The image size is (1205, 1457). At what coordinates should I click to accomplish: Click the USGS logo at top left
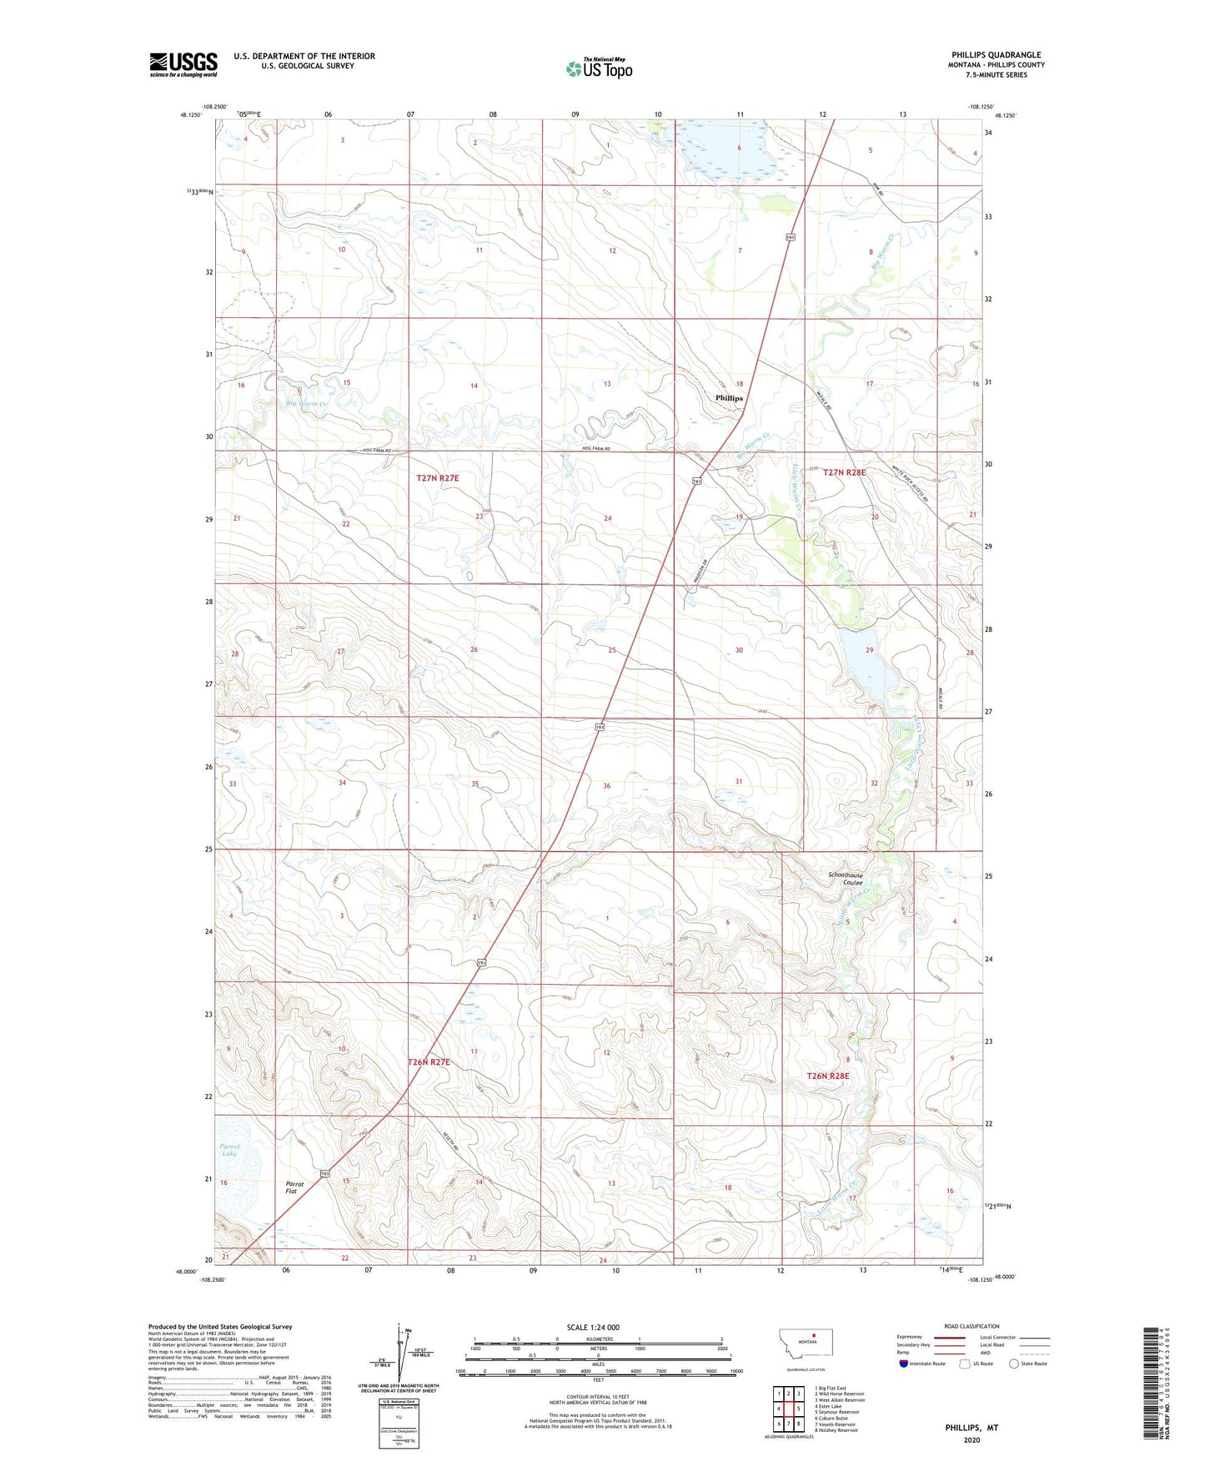click(x=183, y=64)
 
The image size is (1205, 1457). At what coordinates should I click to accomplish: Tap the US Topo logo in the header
click(x=599, y=68)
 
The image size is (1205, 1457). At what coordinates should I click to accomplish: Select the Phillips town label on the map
click(x=729, y=398)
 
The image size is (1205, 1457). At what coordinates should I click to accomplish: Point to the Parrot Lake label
click(x=229, y=1150)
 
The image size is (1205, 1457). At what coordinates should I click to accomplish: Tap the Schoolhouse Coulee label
click(x=846, y=879)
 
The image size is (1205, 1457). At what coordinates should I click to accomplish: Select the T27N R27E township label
click(x=438, y=478)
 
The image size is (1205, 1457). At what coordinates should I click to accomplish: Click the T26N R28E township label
click(x=827, y=1076)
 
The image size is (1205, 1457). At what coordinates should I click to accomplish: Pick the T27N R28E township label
click(x=844, y=472)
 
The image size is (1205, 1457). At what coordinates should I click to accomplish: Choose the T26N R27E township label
click(x=429, y=1062)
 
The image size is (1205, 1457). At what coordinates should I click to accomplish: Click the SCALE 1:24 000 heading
click(x=593, y=1328)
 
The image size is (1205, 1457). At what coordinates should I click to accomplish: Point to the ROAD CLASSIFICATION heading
click(x=972, y=1326)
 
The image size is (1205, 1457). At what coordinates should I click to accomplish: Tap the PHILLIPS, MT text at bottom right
click(x=972, y=1428)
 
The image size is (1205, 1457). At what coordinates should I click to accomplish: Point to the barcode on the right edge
click(x=1154, y=1386)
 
